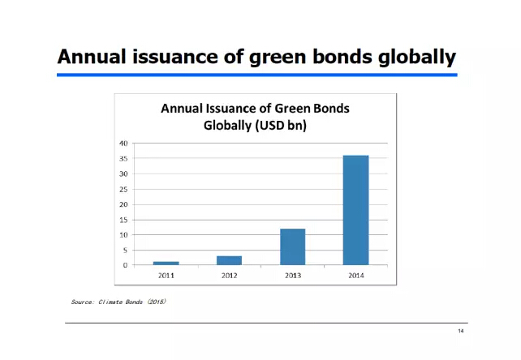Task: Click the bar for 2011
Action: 166,263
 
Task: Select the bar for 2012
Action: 230,260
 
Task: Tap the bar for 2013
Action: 293,246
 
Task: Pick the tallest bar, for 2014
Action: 356,210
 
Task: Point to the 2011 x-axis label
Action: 166,276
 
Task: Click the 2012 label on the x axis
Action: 230,276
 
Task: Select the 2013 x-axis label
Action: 293,276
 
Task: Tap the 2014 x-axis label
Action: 356,276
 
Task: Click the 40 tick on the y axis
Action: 123,144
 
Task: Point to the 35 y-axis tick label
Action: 123,158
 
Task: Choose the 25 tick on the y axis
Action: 123,189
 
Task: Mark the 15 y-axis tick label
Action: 123,220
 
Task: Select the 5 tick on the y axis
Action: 125,250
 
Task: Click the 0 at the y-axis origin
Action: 125,265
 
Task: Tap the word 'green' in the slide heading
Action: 278,58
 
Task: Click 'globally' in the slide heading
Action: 417,57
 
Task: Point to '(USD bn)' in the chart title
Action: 281,126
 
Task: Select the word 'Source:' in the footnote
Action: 83,302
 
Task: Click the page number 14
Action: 461,331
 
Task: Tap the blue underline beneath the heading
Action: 257,75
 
